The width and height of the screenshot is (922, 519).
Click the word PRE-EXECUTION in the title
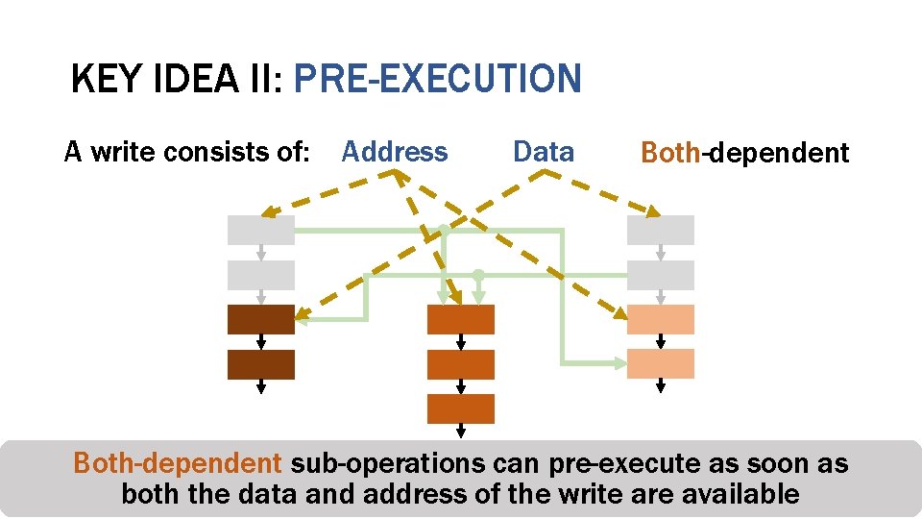tap(437, 79)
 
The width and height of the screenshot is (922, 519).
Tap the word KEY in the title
tap(105, 79)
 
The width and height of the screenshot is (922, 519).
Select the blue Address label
tap(395, 152)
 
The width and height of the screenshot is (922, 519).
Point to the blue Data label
tap(544, 152)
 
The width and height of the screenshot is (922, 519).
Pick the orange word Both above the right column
tap(670, 153)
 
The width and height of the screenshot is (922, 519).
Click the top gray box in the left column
tap(260, 230)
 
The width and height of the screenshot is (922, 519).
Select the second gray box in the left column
tap(260, 275)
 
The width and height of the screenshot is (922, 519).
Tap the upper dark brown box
tap(260, 319)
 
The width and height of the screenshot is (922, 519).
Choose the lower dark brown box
tap(260, 364)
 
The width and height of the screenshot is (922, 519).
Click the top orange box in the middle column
tap(460, 319)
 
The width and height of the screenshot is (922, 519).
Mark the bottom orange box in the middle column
tap(460, 408)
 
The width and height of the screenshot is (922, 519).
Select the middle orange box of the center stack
tap(460, 364)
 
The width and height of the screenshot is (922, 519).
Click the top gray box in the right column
tap(660, 230)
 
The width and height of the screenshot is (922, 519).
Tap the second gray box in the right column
tap(660, 275)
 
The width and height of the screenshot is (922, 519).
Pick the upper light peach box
tap(660, 319)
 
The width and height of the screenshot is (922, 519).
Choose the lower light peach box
tap(660, 363)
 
